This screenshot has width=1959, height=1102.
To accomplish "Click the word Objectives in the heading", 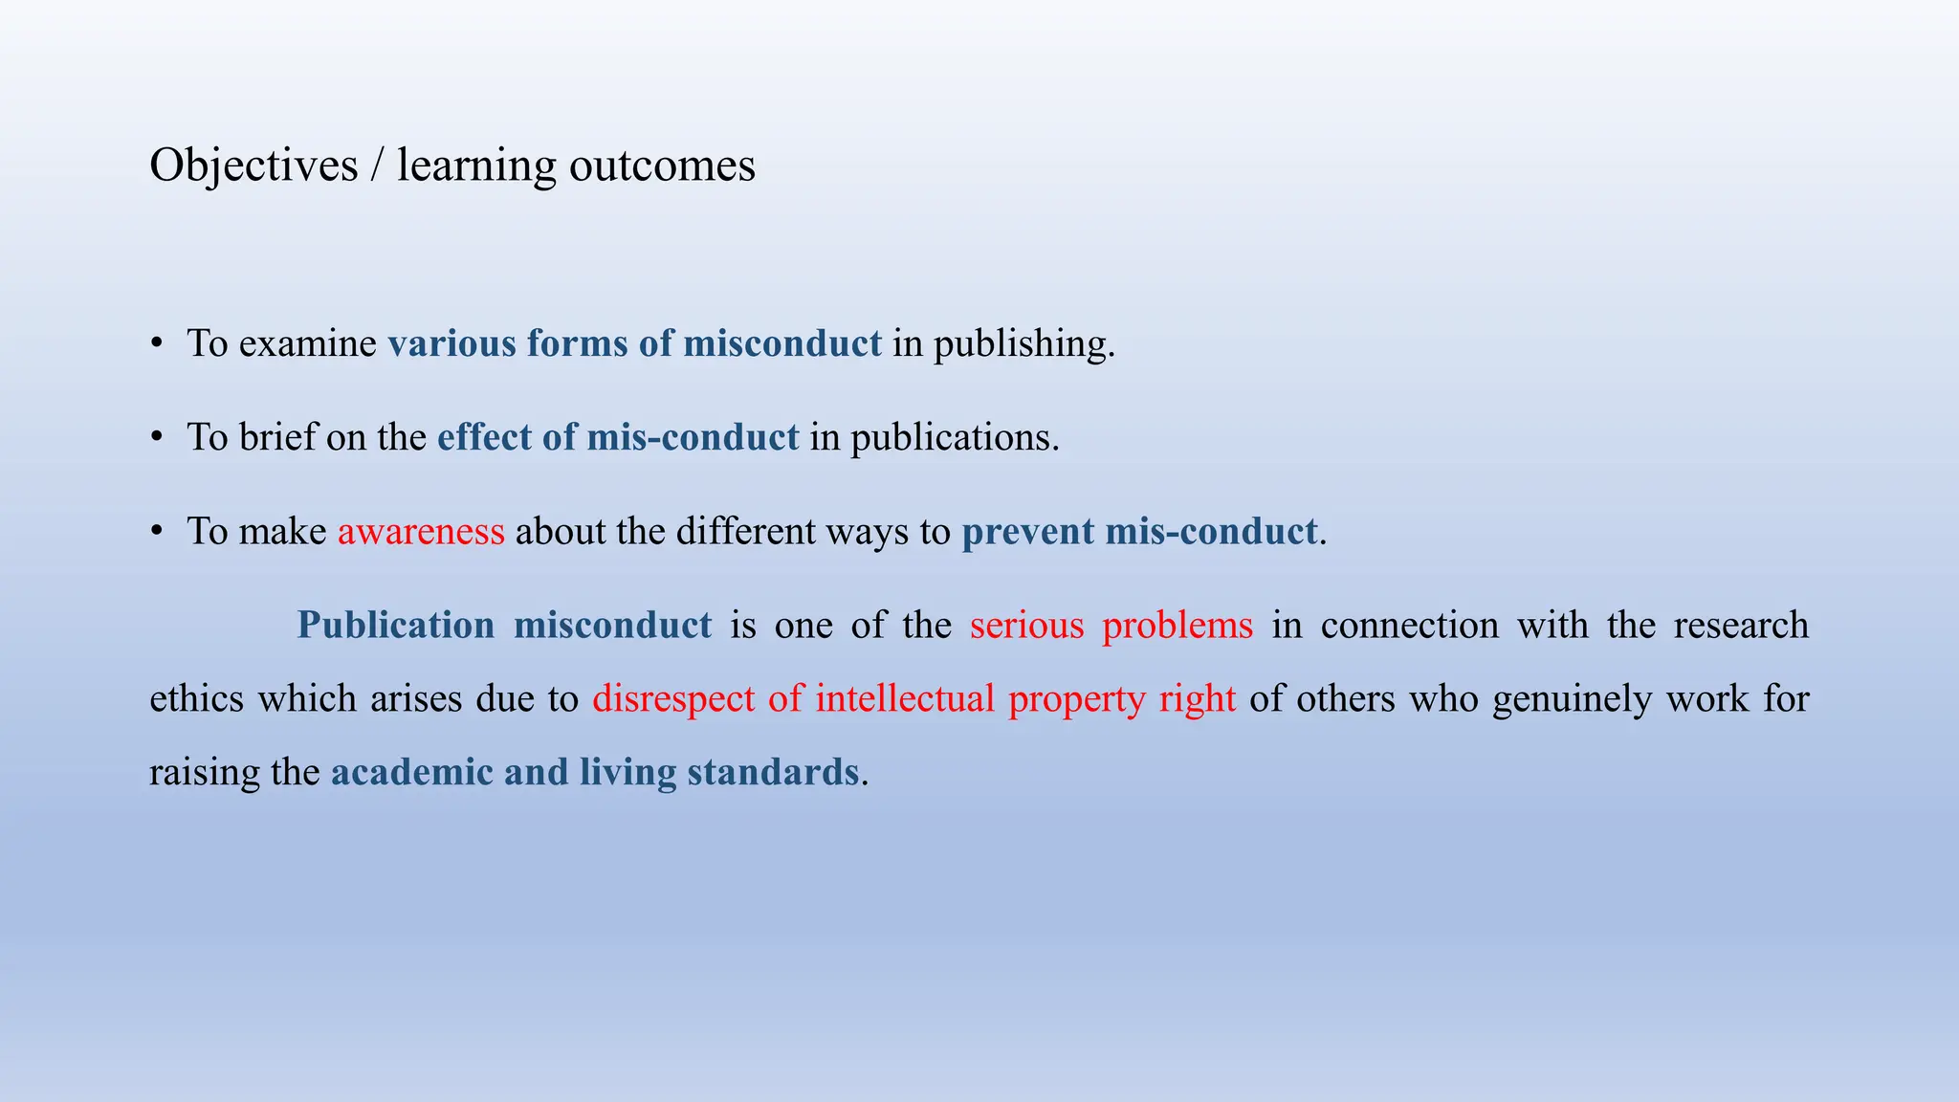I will pyautogui.click(x=253, y=165).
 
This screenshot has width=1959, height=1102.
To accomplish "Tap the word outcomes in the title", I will pyautogui.click(x=662, y=165).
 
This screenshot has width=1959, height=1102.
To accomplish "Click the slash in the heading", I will pyautogui.click(x=378, y=165).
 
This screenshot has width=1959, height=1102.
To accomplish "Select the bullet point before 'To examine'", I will pyautogui.click(x=157, y=344).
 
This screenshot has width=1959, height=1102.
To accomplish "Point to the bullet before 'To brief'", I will pyautogui.click(x=157, y=438).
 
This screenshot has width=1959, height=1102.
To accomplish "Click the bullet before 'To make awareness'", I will pyautogui.click(x=157, y=532).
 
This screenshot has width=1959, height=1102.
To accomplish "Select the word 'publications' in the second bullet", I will pyautogui.click(x=954, y=438).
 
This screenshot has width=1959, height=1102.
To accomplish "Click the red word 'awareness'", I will pyautogui.click(x=421, y=532).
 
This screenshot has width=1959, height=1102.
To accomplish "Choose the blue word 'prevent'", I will pyautogui.click(x=1027, y=532).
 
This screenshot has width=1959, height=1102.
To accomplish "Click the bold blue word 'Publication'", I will pyautogui.click(x=395, y=626).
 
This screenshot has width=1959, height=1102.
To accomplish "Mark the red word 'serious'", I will pyautogui.click(x=1026, y=626).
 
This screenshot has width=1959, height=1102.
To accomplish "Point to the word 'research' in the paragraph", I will pyautogui.click(x=1741, y=626).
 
